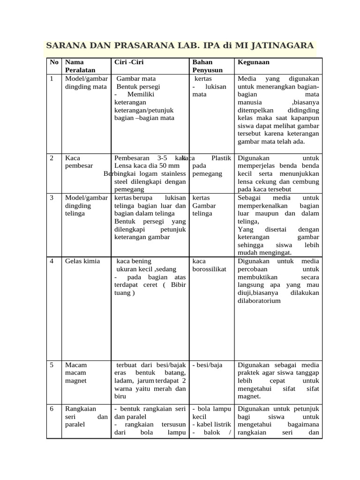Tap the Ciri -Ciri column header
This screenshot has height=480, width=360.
tap(129, 62)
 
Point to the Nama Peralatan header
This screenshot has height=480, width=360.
tap(80, 66)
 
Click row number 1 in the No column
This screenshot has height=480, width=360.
tap(51, 79)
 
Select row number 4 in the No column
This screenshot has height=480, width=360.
tap(52, 261)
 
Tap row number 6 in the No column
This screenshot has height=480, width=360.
tap(52, 409)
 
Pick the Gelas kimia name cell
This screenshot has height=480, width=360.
tap(82, 261)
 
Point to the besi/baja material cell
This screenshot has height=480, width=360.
tap(207, 365)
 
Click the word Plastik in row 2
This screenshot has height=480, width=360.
tap(221, 158)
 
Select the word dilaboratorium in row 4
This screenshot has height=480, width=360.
tap(259, 301)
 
